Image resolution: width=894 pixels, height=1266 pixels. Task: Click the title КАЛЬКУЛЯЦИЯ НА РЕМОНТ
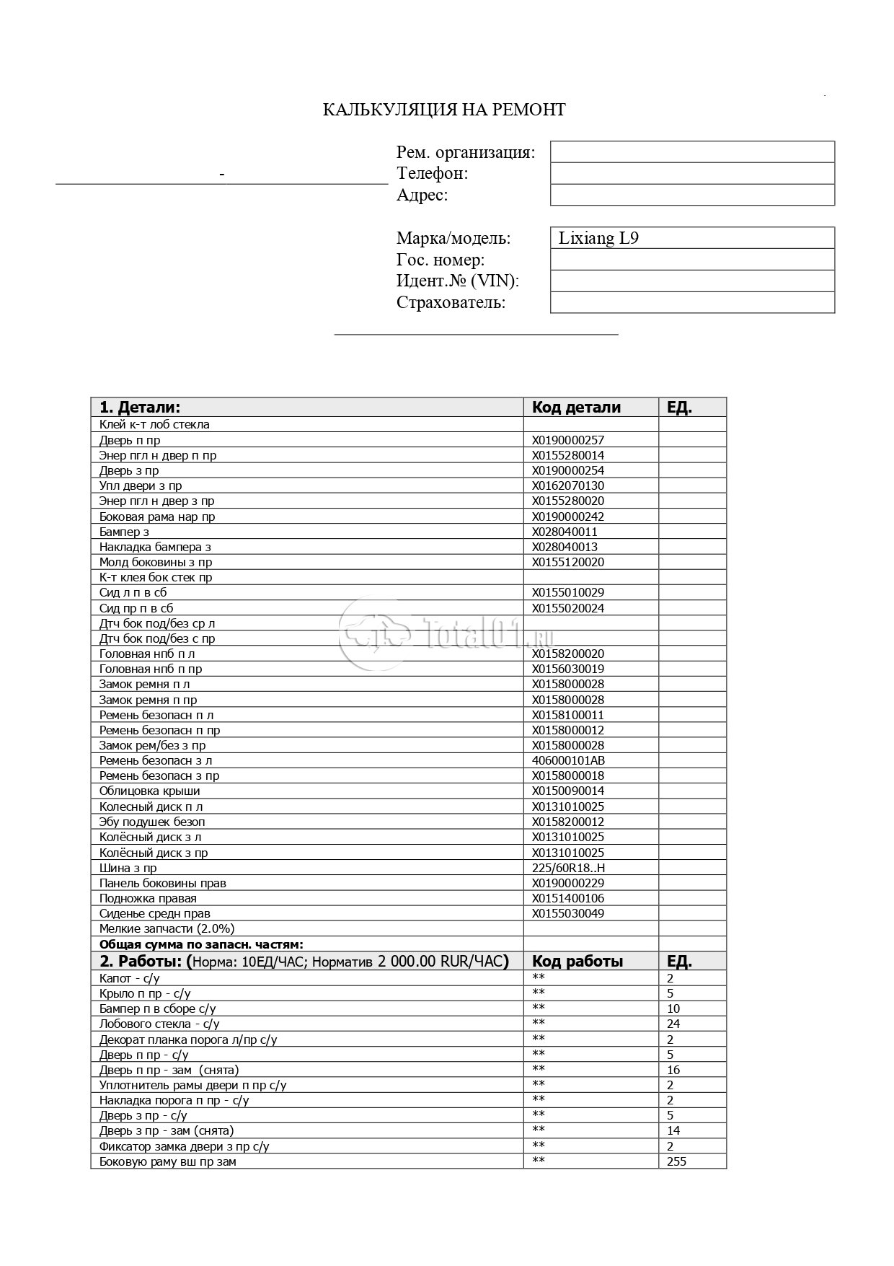[443, 110]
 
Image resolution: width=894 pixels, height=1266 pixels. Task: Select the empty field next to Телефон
[692, 173]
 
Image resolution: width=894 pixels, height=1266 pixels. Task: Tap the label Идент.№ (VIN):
[457, 281]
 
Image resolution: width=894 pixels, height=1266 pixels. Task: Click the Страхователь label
[451, 303]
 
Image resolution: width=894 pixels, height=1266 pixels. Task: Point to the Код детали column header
[576, 407]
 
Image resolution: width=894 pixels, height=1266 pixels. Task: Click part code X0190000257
[568, 440]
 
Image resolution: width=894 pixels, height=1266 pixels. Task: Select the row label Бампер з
[124, 532]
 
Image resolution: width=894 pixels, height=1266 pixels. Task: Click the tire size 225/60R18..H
[568, 868]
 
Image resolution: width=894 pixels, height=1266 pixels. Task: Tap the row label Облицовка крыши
[149, 791]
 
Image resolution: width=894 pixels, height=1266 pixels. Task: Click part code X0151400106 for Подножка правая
[568, 898]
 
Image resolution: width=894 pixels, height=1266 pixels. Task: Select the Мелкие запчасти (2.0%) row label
[167, 928]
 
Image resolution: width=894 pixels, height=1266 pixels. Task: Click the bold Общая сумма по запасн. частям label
[201, 944]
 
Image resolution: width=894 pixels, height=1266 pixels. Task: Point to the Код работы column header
[577, 961]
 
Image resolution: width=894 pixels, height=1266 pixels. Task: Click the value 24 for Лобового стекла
[673, 1024]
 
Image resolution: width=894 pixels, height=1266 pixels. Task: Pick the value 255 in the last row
[676, 1161]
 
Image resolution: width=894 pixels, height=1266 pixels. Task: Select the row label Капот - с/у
[129, 978]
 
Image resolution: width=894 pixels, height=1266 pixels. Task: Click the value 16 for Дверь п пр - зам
[673, 1070]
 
